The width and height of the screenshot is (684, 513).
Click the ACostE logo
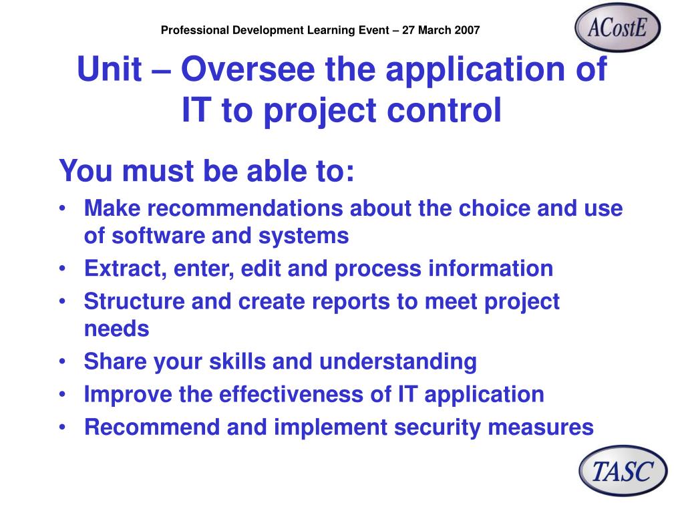point(617,27)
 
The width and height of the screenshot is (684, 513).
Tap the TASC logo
point(623,471)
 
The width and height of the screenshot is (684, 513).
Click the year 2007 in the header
point(467,30)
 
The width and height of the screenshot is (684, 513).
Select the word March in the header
point(434,30)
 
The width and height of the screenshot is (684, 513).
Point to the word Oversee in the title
point(248,69)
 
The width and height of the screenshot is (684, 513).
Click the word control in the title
point(444,110)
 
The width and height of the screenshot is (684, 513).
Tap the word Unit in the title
point(110,69)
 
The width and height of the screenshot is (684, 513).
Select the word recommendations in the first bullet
point(245,208)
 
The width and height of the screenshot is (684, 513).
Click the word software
point(158,236)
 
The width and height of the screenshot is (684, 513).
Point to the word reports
point(351,302)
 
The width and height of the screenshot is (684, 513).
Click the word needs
point(116,329)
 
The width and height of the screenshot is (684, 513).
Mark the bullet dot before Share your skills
point(63,361)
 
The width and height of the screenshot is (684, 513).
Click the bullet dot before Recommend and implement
point(63,427)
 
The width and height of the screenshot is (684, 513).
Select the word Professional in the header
point(195,30)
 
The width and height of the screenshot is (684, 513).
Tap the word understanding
point(398,361)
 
